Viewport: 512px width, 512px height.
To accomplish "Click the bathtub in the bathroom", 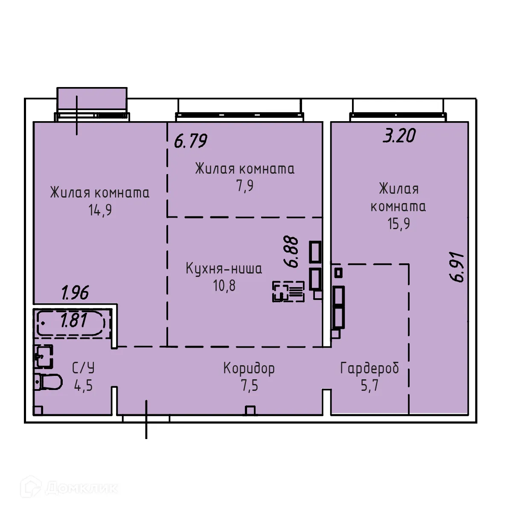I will [73, 323].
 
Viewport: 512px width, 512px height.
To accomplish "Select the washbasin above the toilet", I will [44, 356].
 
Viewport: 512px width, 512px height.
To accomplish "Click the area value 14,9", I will [100, 210].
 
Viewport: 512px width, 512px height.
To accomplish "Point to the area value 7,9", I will [245, 186].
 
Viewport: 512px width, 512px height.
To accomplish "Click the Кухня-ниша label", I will [224, 269].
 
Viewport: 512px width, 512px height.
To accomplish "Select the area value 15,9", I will [399, 224].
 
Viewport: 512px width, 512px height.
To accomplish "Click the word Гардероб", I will [369, 368].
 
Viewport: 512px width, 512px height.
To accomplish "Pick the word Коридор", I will [249, 368].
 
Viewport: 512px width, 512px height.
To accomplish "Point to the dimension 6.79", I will [190, 141].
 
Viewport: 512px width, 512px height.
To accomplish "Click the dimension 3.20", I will [399, 136].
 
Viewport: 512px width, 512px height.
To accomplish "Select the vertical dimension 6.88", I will [293, 252].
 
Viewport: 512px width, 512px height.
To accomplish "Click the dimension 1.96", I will [75, 293].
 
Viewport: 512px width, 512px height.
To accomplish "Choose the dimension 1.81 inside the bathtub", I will [74, 320].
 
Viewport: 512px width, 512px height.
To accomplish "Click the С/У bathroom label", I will [83, 368].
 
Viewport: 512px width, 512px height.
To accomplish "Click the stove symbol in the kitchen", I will [288, 292].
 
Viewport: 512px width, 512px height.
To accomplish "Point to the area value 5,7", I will [369, 386].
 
